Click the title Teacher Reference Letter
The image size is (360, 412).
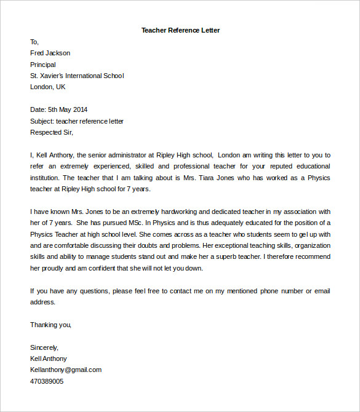[180, 30]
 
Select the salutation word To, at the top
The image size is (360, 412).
[34, 42]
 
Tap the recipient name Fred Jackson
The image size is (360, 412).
[50, 53]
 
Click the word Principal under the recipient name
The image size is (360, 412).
[43, 65]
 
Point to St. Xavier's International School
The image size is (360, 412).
[77, 76]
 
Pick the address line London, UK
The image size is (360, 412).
[47, 87]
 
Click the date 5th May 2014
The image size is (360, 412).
[68, 109]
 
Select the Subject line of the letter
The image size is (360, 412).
[77, 121]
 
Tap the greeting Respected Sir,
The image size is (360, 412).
[52, 132]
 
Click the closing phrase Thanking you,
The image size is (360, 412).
[51, 324]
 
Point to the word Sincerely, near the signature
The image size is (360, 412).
[44, 347]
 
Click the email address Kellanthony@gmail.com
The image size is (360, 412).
[66, 370]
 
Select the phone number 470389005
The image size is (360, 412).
[47, 381]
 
